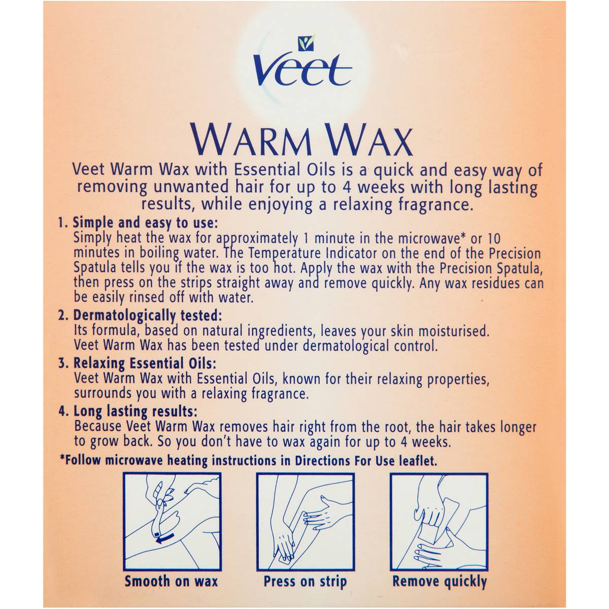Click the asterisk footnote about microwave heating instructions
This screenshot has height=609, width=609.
[248, 461]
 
